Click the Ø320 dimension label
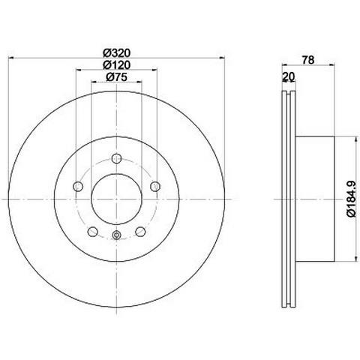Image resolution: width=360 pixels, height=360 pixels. (117, 52)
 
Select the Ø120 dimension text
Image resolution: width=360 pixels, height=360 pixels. (117, 65)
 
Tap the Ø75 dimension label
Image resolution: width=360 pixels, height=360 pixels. (117, 77)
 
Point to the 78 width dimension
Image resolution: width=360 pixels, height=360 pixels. (308, 60)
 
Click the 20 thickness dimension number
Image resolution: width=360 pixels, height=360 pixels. (289, 76)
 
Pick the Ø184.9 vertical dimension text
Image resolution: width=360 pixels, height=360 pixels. (352, 199)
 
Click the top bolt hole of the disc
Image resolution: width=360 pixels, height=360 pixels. (116, 158)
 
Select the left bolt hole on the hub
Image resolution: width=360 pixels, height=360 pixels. (78, 186)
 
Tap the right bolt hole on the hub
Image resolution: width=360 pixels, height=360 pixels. (155, 186)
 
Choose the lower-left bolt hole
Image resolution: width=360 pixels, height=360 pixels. (93, 231)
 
